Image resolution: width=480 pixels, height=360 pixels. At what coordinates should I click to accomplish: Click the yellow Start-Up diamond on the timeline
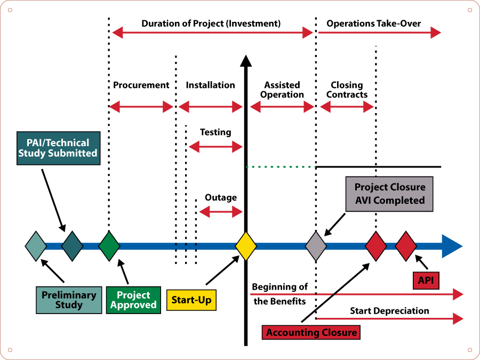coord(246,246)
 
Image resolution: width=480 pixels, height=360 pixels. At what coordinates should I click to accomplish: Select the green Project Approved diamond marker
coord(109,246)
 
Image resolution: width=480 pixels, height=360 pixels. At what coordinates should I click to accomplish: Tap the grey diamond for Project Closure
coord(316,246)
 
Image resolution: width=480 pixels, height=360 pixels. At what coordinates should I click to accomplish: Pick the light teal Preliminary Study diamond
coord(36,246)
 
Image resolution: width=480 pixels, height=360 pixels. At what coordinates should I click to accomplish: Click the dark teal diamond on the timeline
coord(72,246)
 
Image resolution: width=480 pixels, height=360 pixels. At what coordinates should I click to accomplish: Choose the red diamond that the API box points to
coord(406,246)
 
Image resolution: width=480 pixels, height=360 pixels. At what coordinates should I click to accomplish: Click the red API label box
coord(426,281)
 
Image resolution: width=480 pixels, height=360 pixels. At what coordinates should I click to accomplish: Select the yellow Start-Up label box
coord(191,300)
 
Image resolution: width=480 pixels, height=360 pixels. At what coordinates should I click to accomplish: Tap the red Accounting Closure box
coord(311,332)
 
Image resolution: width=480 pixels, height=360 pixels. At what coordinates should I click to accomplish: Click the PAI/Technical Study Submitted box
coord(59,148)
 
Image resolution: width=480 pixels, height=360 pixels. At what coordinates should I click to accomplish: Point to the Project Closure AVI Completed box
coord(389,194)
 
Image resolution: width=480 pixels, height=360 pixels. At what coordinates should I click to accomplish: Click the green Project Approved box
coord(133,300)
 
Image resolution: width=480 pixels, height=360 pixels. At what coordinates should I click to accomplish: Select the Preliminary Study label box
coord(69,300)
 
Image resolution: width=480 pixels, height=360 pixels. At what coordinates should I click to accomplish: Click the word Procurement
coord(141,85)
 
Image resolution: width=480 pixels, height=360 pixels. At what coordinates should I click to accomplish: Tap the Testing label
coord(215,132)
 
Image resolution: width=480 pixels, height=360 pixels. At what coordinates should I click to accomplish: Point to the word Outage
coord(221,197)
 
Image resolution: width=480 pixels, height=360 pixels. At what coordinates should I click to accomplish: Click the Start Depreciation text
coord(389,311)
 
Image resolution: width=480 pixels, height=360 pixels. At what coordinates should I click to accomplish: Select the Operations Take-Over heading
coord(373,23)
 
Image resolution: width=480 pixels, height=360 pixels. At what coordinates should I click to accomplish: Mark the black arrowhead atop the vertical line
coord(246,61)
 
